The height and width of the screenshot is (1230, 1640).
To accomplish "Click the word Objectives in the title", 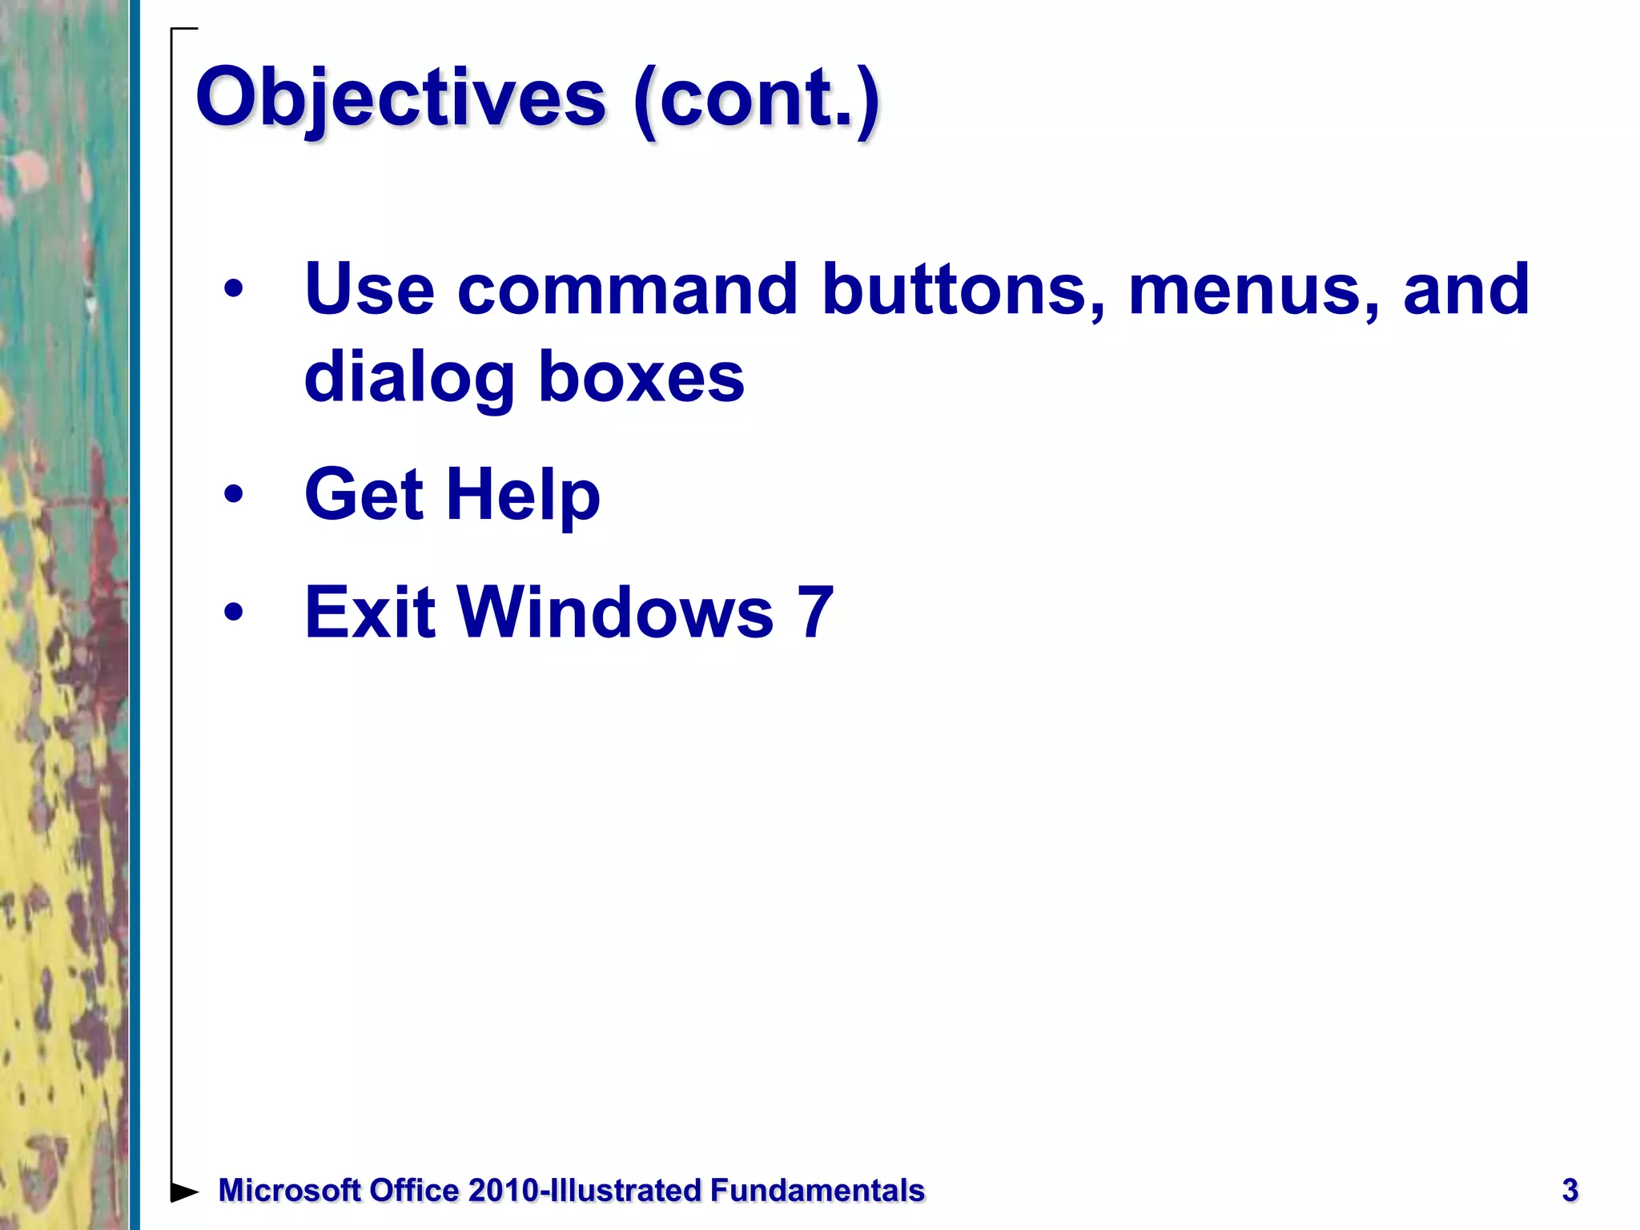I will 400,98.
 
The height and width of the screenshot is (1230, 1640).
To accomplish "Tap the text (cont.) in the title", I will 756,98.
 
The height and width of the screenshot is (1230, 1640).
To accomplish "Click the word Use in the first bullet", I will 369,289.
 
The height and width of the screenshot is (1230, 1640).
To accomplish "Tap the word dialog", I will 409,378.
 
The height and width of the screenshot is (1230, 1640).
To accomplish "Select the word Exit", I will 370,613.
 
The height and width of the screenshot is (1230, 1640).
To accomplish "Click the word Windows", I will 615,613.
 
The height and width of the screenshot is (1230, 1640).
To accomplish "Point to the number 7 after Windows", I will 814,613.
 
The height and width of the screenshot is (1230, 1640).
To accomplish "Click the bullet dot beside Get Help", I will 233,494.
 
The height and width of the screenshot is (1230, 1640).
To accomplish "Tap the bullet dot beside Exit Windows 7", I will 233,613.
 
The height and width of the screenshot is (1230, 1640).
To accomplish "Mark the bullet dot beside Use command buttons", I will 233,289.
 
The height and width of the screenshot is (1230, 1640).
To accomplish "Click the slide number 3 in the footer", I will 1570,1191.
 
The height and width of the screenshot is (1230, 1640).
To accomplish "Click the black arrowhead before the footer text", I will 184,1192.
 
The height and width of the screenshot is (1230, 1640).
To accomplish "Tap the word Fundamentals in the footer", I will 817,1191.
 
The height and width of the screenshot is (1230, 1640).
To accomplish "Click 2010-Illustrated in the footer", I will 585,1191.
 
